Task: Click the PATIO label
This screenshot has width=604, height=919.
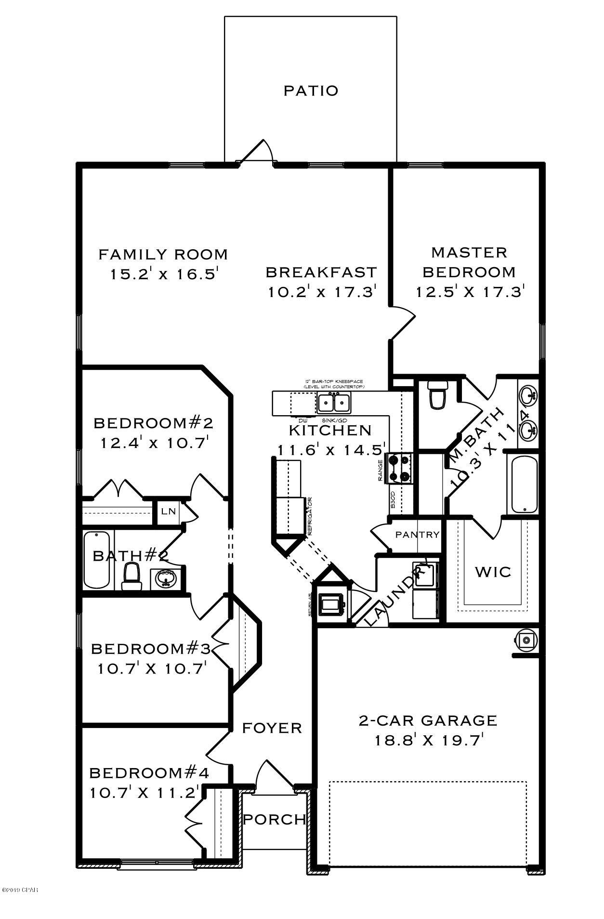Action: tap(311, 91)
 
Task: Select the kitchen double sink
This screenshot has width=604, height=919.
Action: tap(334, 401)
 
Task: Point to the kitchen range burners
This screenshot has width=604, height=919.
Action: tap(400, 468)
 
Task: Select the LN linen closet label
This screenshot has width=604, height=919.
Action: tap(168, 512)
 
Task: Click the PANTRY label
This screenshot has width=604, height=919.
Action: tap(417, 535)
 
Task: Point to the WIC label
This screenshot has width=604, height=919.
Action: tap(493, 572)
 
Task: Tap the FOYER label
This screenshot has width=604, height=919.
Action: tap(272, 728)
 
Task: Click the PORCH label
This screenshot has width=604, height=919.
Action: tap(274, 819)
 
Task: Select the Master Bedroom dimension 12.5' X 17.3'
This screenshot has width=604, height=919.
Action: tap(470, 292)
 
